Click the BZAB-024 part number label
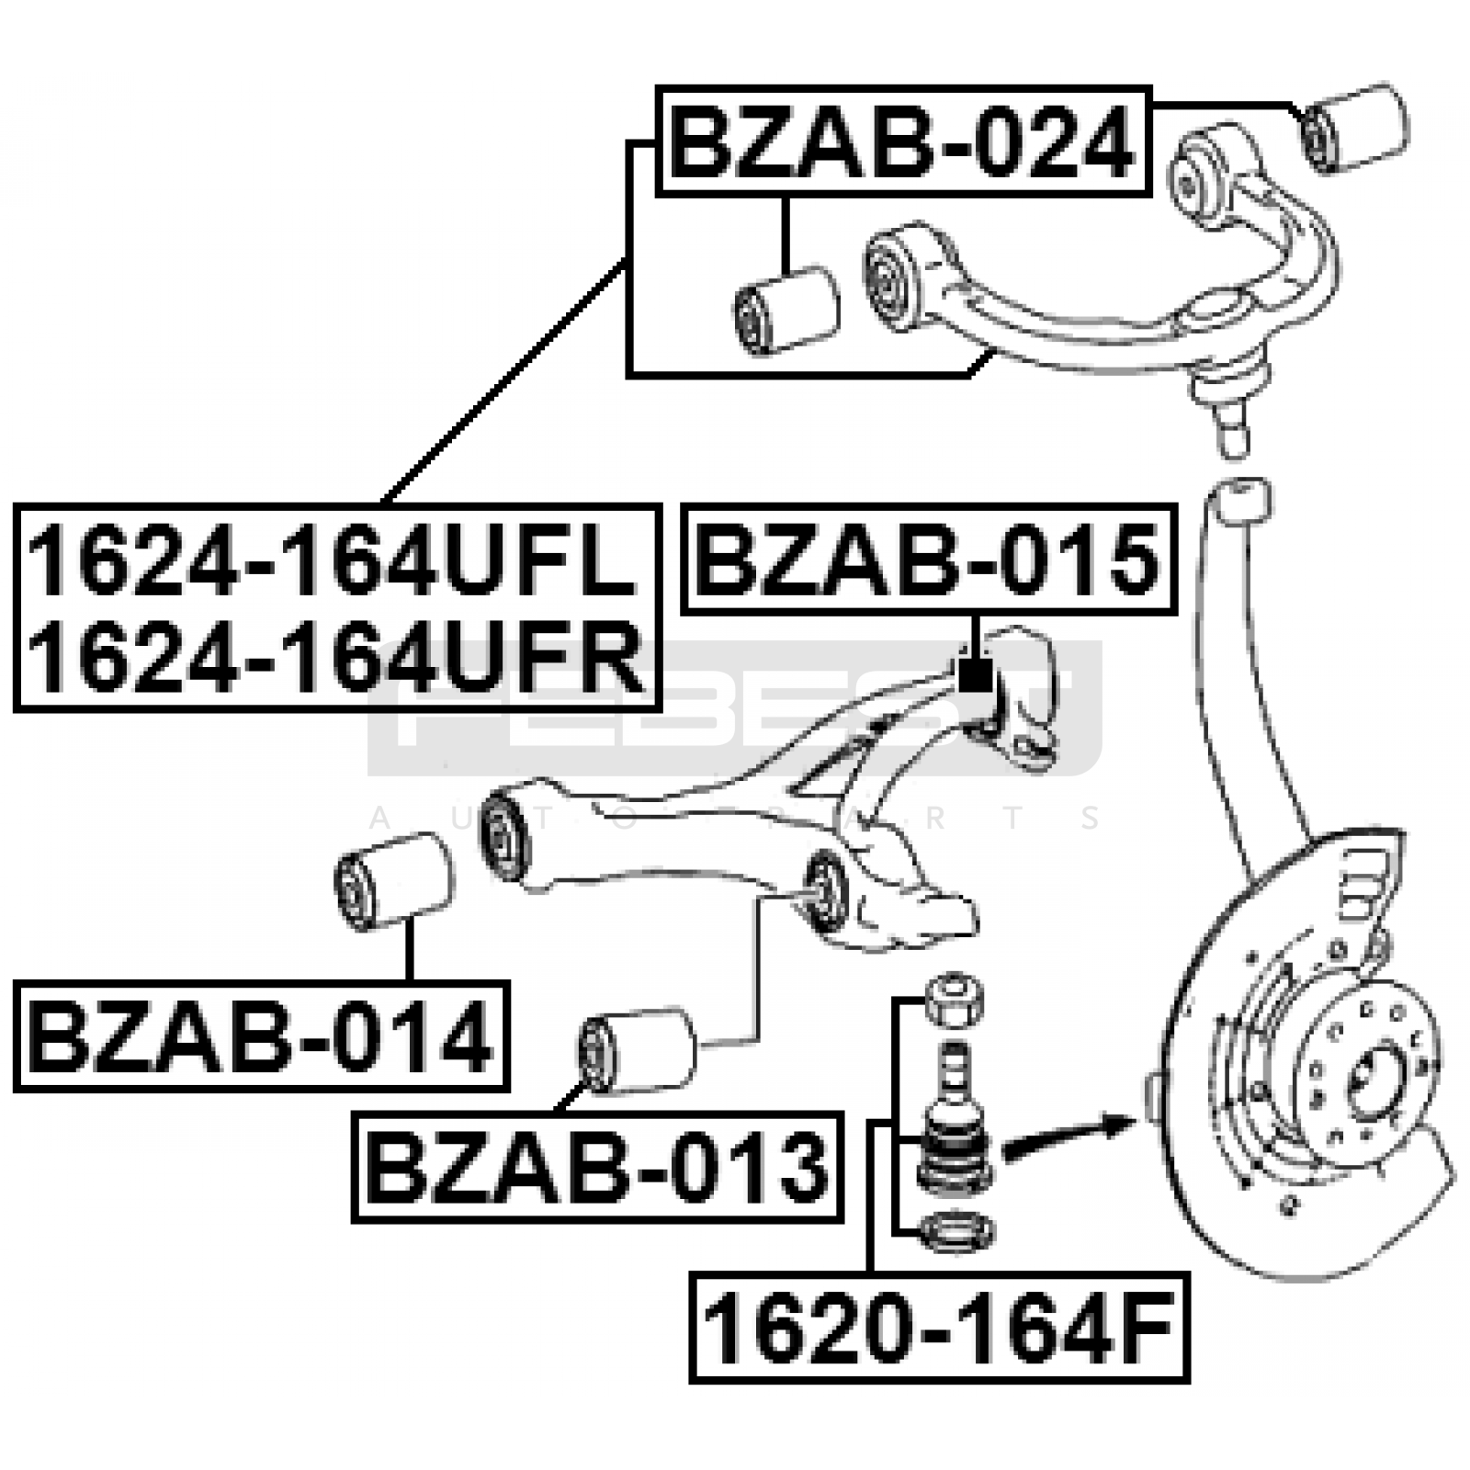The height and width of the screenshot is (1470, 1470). [903, 141]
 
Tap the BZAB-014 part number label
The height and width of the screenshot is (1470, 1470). [261, 1035]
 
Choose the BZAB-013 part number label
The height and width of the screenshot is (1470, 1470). [597, 1167]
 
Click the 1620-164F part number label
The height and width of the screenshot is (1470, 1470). [939, 1328]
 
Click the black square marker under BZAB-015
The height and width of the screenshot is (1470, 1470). [974, 675]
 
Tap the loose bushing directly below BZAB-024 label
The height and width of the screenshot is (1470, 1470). [787, 309]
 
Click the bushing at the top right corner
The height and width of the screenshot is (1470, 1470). [1356, 128]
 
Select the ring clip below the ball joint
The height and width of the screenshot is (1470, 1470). [955, 1231]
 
